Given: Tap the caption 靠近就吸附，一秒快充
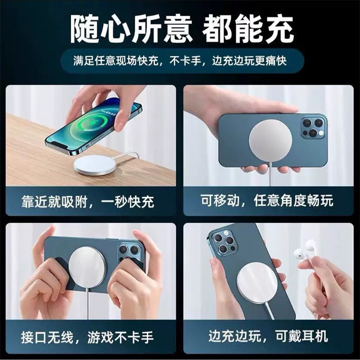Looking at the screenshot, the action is (88, 202).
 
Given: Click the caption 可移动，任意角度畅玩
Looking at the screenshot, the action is (267, 201).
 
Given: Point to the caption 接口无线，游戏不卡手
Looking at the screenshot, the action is (87, 337).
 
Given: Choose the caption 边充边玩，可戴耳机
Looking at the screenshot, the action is (268, 336).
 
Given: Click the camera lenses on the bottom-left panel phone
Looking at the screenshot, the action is (129, 252).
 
